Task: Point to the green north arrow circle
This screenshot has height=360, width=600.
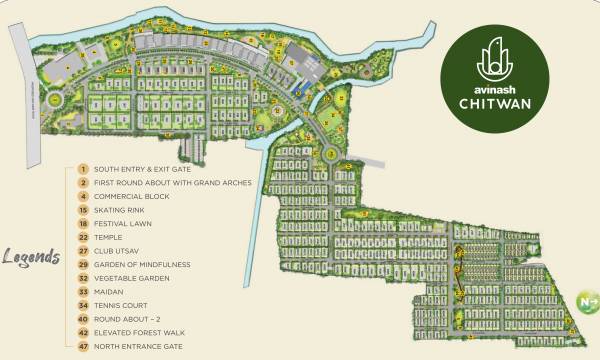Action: (x=585, y=300)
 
